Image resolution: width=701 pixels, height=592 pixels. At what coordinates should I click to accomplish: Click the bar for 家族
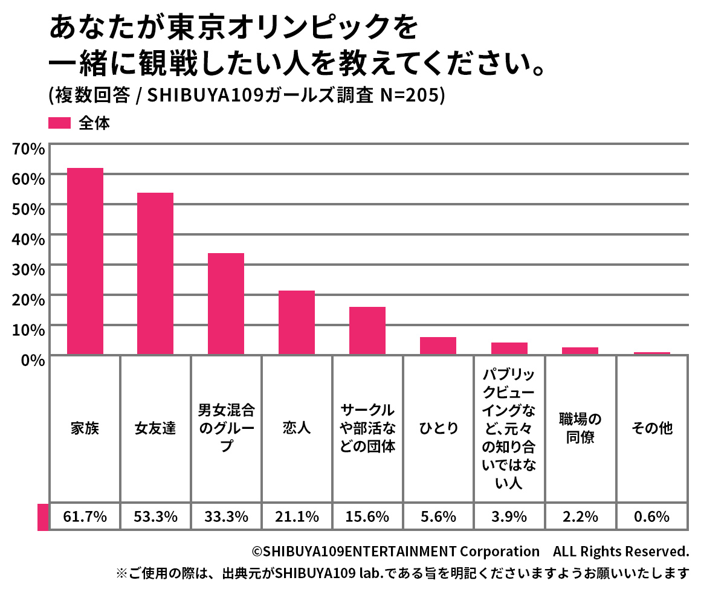point(85,261)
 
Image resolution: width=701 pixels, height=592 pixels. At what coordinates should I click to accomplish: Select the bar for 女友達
point(155,273)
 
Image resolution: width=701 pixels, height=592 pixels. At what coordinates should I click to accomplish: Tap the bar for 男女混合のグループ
point(226,303)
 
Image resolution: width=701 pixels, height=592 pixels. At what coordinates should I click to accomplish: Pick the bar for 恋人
point(297,322)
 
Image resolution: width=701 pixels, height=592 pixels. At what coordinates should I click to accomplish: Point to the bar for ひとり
point(438,346)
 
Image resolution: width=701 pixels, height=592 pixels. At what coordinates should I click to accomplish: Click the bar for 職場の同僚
point(580,350)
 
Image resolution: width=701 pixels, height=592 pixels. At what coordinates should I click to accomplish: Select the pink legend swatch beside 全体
point(60,123)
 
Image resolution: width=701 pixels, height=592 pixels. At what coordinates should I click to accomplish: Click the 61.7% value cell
point(85,516)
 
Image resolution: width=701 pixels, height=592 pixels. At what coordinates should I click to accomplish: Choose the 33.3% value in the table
point(226,516)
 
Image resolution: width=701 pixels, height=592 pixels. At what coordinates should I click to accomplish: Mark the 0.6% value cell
point(651,516)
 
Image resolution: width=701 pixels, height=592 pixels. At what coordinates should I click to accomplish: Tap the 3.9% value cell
point(509,516)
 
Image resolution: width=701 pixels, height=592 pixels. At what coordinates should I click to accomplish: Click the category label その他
point(651,428)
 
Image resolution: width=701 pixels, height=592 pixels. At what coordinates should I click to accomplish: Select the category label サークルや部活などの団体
point(367,428)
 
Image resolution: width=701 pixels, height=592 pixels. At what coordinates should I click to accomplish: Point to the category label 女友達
point(155,428)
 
